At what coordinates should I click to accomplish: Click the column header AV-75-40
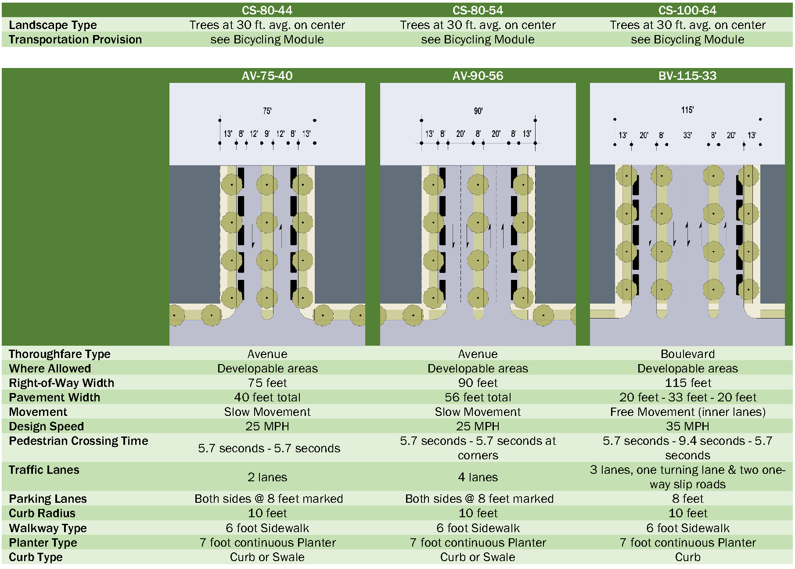point(267,75)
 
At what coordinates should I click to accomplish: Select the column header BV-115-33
point(687,75)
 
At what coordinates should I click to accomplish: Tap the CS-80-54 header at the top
point(478,10)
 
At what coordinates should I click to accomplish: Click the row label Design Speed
point(46,426)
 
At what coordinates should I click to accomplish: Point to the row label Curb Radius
point(42,513)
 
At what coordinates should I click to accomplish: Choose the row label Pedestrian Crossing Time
point(78,441)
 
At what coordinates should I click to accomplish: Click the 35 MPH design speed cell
point(687,426)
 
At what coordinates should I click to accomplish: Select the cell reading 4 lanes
point(478,477)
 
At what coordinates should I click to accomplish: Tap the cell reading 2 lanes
point(267,477)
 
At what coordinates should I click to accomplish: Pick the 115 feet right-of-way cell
point(687,383)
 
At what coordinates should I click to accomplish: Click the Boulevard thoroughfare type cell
point(687,354)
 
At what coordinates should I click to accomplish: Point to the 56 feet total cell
point(478,397)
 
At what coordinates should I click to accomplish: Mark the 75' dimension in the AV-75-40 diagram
point(267,111)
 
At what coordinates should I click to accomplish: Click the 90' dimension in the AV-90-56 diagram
point(478,111)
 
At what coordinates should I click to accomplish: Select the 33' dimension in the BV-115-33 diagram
point(687,136)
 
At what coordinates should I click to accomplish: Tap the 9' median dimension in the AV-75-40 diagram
point(267,134)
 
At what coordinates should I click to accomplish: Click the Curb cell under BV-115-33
point(687,557)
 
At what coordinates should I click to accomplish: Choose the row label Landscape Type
point(53,25)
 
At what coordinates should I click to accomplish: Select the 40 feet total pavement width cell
point(267,397)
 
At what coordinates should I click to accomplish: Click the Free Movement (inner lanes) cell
point(687,412)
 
